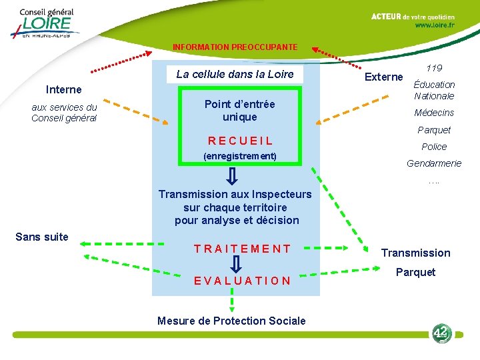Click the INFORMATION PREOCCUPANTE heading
[235, 47]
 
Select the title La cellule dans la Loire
[235, 74]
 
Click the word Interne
[64, 89]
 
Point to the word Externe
[383, 77]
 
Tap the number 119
[434, 68]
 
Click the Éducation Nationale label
[434, 90]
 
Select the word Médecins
[434, 113]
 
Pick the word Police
[434, 147]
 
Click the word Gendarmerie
[434, 163]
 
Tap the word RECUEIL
[240, 141]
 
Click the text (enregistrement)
[240, 156]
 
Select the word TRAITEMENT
[242, 249]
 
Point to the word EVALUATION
[242, 281]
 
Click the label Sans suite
[42, 237]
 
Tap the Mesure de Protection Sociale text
[231, 321]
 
